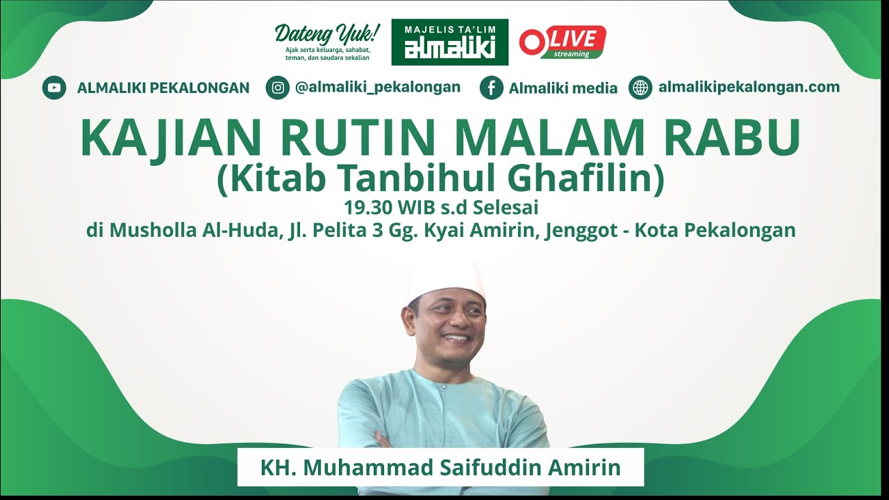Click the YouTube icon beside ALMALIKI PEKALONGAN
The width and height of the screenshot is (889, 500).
(54, 88)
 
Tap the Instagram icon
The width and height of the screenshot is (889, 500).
(277, 87)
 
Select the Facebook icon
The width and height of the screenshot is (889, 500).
(491, 88)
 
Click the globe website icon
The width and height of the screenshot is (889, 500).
(640, 87)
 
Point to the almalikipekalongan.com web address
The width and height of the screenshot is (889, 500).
(749, 87)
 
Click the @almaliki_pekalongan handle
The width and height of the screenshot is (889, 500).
(377, 87)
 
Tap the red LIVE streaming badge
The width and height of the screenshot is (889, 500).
(563, 42)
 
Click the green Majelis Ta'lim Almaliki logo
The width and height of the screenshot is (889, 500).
(449, 42)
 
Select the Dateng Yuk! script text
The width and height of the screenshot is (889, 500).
(327, 33)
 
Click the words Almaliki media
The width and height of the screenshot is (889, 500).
(563, 88)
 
